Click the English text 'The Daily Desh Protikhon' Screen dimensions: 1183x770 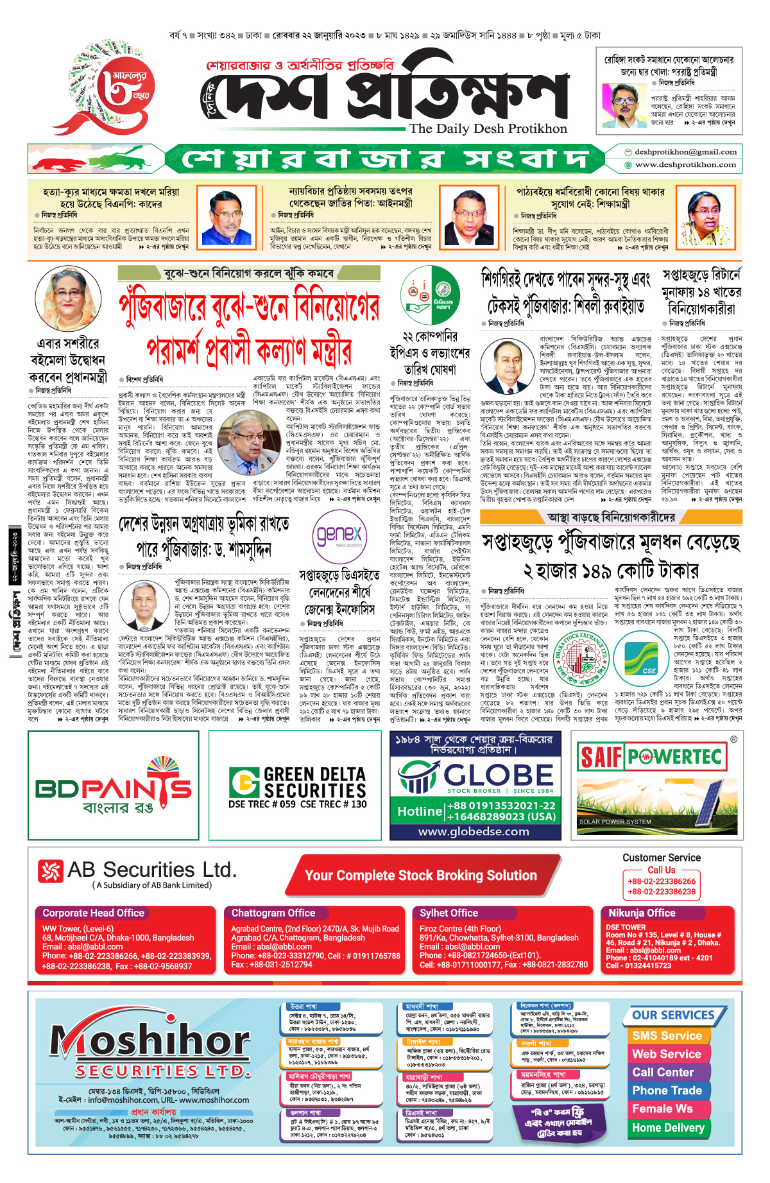488,128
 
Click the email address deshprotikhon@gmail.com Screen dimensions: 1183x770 685,152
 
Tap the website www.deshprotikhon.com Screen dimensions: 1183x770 685,164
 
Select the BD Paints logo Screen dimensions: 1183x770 114,786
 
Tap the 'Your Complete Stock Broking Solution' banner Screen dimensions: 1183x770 420,876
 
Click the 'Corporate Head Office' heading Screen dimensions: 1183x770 94,913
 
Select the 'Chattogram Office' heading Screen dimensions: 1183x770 273,913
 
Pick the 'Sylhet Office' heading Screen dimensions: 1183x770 449,913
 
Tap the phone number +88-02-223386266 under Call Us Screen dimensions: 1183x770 662,881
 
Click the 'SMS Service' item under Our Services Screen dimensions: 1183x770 667,1035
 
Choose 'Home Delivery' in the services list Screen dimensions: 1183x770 668,1127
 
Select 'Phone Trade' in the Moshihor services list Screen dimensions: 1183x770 667,1090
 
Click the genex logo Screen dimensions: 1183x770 339,534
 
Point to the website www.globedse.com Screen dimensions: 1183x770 474,831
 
